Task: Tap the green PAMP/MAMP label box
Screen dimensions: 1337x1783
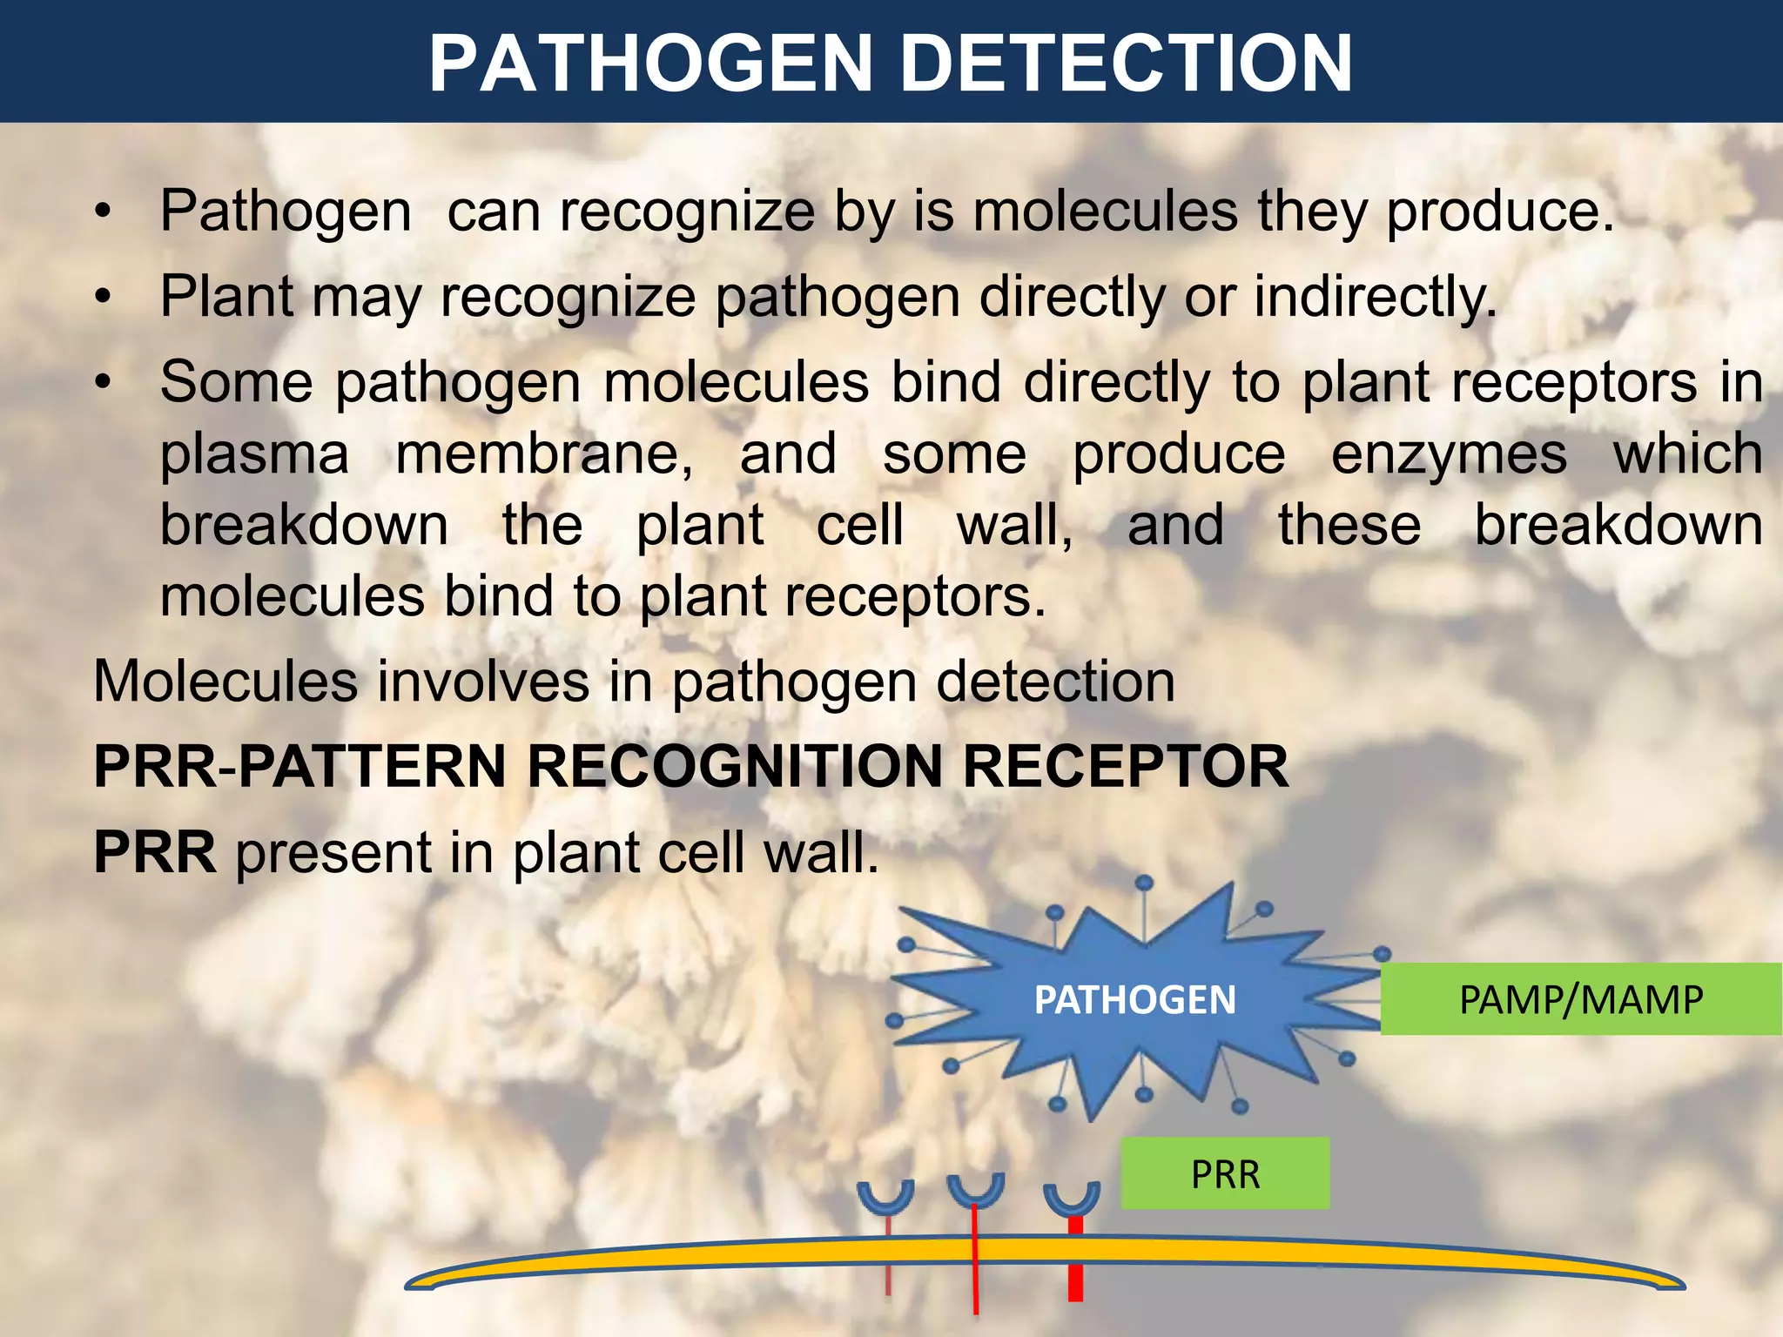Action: (x=1580, y=999)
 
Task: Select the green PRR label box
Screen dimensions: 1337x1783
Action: (x=1225, y=1174)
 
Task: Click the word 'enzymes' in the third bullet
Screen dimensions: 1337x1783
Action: (x=1449, y=454)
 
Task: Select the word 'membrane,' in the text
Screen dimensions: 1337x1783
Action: (x=544, y=454)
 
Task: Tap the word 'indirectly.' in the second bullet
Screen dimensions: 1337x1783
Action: (x=1375, y=297)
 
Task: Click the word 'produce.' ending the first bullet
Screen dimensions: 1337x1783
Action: (x=1499, y=212)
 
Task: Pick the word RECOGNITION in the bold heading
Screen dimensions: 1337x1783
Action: (x=735, y=767)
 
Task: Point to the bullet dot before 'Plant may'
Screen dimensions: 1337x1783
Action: (x=104, y=298)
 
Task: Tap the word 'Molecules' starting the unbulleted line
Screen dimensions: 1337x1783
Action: (x=225, y=682)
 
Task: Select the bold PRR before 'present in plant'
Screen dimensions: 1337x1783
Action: (x=154, y=852)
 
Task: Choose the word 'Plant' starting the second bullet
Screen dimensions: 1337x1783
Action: (x=227, y=297)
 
